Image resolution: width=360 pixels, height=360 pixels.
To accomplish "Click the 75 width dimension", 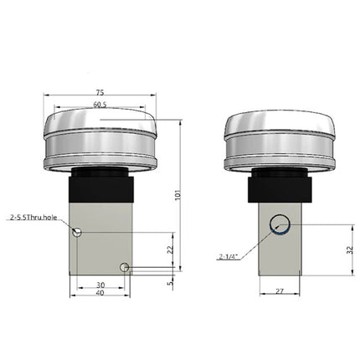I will point(100,94).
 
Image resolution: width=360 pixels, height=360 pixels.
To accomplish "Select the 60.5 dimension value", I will point(100,106).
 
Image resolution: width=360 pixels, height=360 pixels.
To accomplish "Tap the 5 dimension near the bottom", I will point(170,283).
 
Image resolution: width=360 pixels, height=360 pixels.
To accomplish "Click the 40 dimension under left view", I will point(100,293).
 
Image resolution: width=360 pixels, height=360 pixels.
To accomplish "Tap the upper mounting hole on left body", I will point(76,232).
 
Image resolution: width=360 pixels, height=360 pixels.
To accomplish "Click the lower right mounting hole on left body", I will point(124,268).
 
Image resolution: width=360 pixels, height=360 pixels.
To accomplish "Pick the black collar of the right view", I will point(279,186).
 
